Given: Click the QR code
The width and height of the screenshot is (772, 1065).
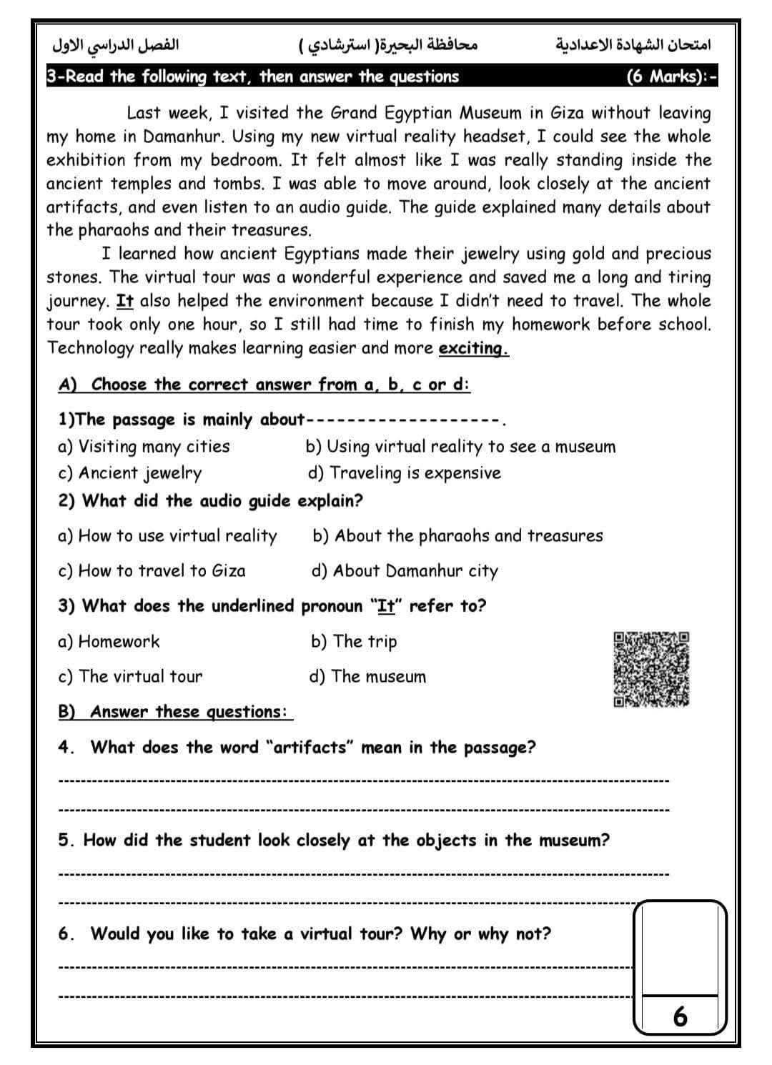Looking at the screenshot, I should [651, 669].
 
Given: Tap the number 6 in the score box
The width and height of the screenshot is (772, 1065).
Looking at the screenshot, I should [680, 1016].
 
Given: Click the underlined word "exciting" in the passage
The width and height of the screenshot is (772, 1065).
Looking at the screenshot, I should [472, 349].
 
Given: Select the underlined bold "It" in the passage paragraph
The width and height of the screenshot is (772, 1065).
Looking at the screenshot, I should [125, 301].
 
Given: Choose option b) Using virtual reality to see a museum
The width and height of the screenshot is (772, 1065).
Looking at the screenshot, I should [460, 447].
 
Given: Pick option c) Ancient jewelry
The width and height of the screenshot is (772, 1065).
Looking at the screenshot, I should [130, 473].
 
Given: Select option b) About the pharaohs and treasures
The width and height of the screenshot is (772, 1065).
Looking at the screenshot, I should [457, 536].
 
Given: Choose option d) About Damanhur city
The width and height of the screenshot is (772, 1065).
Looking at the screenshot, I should [405, 571].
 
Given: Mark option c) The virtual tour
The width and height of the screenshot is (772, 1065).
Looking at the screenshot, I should [130, 676].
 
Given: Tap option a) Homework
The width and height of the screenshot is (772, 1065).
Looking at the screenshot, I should [109, 641].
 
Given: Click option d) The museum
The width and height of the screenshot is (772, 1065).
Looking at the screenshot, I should [367, 676].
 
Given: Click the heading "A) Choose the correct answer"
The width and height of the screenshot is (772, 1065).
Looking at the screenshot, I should [264, 385].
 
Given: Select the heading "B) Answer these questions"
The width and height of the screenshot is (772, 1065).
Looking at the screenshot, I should [174, 712].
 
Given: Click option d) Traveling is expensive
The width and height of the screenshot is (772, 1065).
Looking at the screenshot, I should [405, 473].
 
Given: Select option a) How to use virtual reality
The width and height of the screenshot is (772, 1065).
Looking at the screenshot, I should [167, 536].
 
